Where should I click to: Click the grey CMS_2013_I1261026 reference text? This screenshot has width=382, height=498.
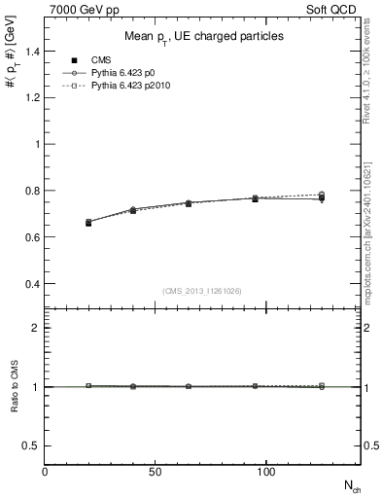(x=203, y=290)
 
